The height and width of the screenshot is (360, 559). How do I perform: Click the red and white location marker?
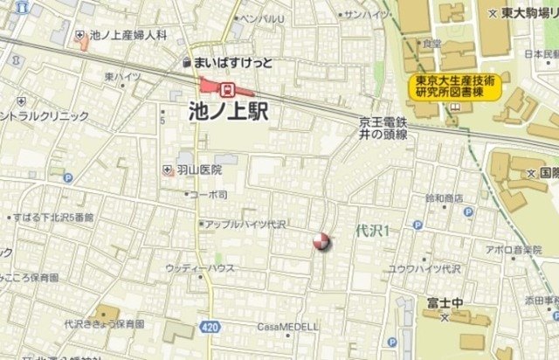[x=321, y=242]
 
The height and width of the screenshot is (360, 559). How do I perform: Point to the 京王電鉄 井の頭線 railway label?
[x=383, y=128]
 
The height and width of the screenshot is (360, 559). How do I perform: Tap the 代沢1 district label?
[x=372, y=231]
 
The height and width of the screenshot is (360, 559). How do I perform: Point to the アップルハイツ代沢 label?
[x=246, y=224]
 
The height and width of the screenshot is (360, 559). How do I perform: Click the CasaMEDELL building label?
[x=286, y=327]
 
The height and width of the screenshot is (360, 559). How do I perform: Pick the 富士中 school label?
[x=444, y=302]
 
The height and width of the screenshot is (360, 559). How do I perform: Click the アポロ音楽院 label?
[x=514, y=250]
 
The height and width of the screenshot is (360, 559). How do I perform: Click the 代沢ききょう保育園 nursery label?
[x=104, y=323]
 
